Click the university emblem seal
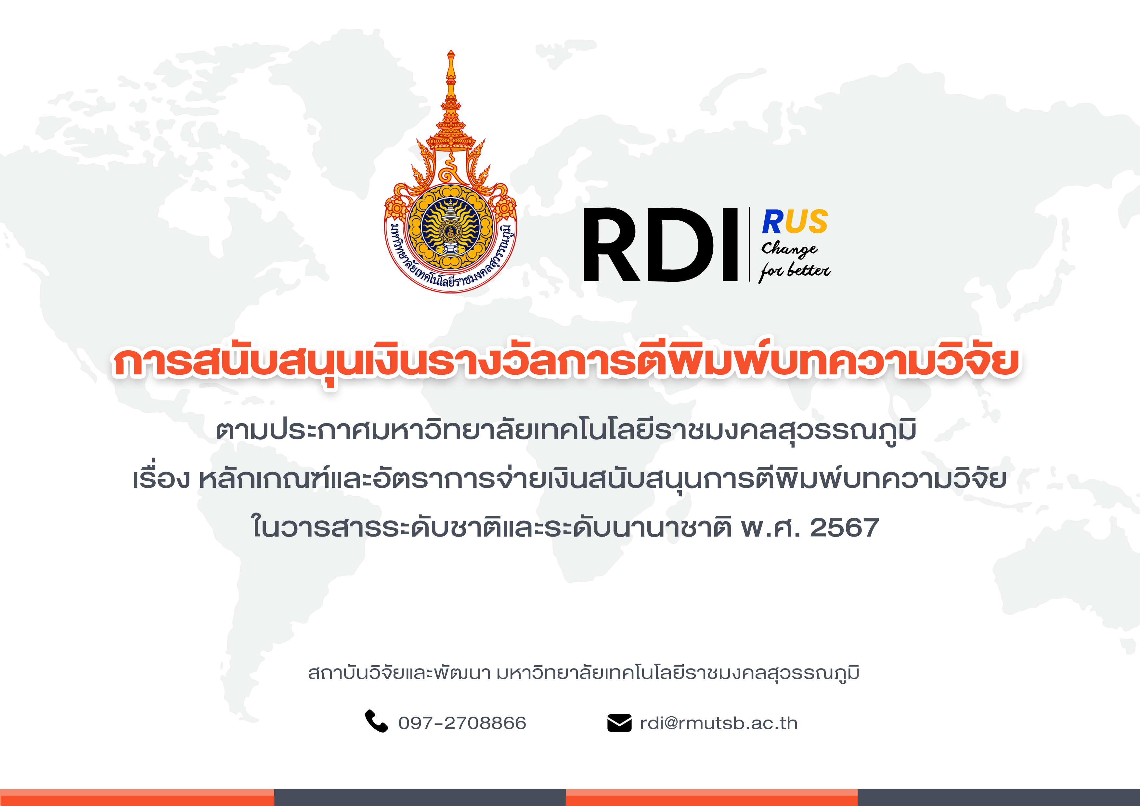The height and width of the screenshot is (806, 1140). pyautogui.click(x=450, y=171)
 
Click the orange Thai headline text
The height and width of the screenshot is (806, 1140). pyautogui.click(x=566, y=361)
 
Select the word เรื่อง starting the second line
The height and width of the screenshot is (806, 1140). pyautogui.click(x=162, y=478)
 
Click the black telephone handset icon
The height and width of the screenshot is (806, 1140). pyautogui.click(x=376, y=721)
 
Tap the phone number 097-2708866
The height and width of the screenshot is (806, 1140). pyautogui.click(x=462, y=723)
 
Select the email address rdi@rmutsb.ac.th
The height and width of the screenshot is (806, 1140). pyautogui.click(x=719, y=723)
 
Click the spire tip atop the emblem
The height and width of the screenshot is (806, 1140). pyautogui.click(x=450, y=51)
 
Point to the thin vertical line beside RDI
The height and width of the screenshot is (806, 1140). pyautogui.click(x=749, y=245)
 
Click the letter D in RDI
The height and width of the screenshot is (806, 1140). pyautogui.click(x=680, y=245)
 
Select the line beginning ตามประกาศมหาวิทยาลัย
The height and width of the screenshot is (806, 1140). pyautogui.click(x=566, y=430)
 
